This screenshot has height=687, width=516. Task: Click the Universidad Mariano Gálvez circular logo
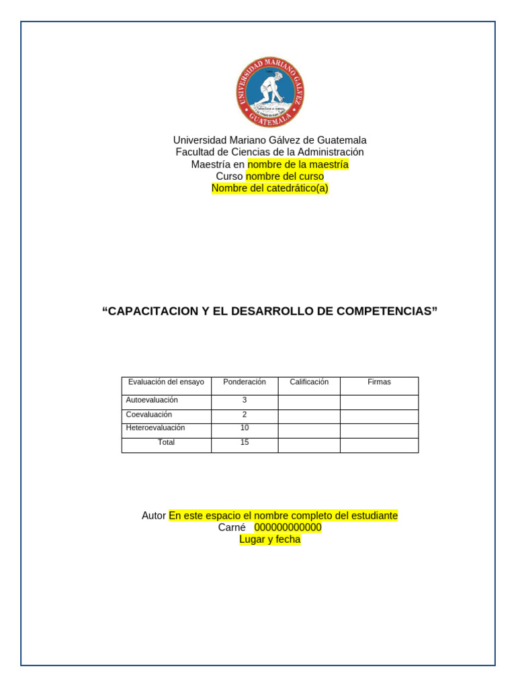pos(270,92)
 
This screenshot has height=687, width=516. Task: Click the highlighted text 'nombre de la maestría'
pos(298,164)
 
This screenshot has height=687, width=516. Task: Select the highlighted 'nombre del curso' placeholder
pos(285,176)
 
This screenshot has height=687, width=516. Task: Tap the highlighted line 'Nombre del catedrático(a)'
pos(270,189)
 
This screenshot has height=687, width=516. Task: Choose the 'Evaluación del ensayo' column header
pos(166,382)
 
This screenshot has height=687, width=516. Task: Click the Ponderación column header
pos(245,382)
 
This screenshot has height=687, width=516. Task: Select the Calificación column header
pos(309,382)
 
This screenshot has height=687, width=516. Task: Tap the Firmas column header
pos(379,382)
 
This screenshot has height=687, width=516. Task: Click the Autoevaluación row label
pos(152,400)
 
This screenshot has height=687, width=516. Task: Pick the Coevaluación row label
pos(149,415)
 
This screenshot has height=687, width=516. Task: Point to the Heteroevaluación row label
pos(155,427)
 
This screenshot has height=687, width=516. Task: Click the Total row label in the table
pos(166,442)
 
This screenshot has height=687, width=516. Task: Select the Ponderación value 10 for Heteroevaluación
pos(245,427)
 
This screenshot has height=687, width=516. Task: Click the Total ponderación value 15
pos(245,442)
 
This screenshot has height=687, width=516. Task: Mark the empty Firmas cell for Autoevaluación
pos(379,402)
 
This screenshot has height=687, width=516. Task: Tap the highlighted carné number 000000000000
pos(288,527)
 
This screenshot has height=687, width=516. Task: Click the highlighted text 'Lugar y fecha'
pos(270,539)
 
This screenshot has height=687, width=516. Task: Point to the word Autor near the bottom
pos(154,516)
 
